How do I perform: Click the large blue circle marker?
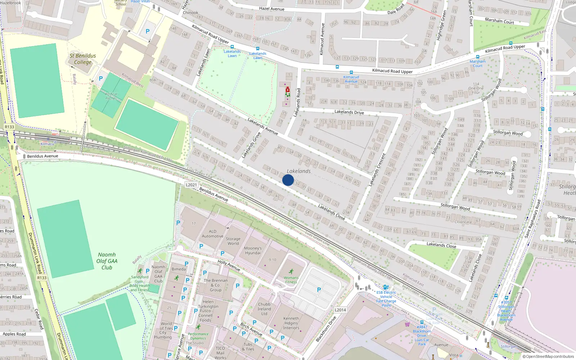[288, 180]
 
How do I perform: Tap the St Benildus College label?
[83, 59]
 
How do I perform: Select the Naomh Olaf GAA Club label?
[107, 261]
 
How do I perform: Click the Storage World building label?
[233, 241]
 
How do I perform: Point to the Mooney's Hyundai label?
[253, 250]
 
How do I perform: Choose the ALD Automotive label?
[212, 234]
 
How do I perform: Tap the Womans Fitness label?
[291, 279]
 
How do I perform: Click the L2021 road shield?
[191, 185]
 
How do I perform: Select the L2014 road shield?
[340, 310]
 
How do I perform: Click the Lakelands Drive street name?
[349, 112]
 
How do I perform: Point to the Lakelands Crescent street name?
[377, 170]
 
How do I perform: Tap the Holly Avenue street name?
[229, 266]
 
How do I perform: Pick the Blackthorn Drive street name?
[326, 329]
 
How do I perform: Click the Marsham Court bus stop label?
[478, 63]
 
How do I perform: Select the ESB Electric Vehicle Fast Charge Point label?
[386, 299]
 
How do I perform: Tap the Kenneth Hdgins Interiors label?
[291, 323]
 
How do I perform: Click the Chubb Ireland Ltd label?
[264, 309]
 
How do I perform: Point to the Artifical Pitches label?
[111, 96]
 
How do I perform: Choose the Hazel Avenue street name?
[272, 9]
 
